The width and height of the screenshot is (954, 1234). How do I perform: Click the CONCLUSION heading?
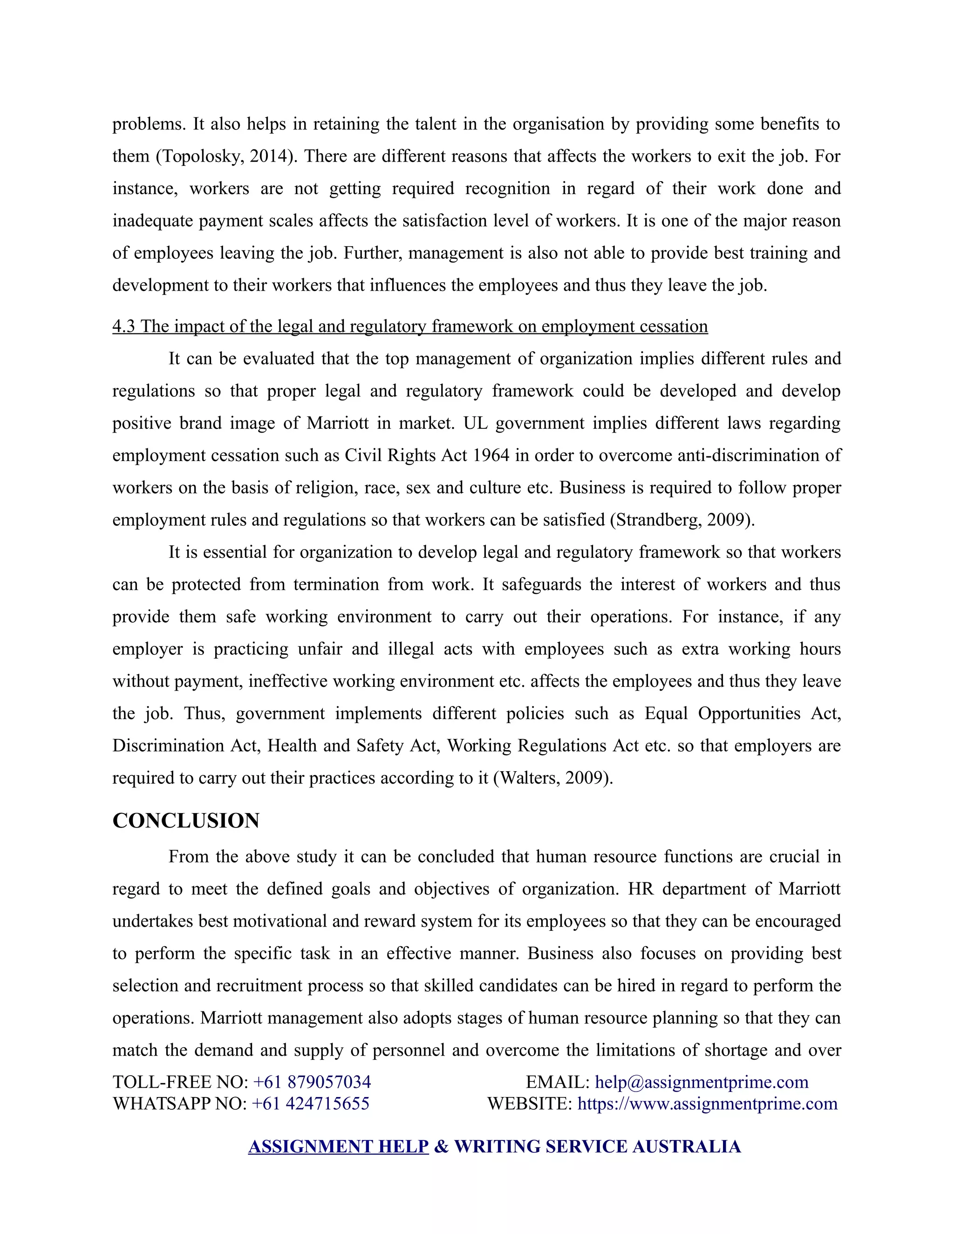(x=186, y=821)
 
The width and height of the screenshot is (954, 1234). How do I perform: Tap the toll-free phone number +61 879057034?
(x=312, y=1082)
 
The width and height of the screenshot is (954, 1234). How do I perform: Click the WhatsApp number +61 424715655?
(x=310, y=1104)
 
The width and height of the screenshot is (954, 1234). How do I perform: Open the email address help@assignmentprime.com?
(x=702, y=1082)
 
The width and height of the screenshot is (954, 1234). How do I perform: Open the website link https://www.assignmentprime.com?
(x=707, y=1104)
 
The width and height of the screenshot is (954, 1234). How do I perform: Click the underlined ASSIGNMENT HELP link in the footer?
(x=339, y=1146)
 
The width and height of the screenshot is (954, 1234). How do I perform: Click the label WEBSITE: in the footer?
(x=530, y=1104)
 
